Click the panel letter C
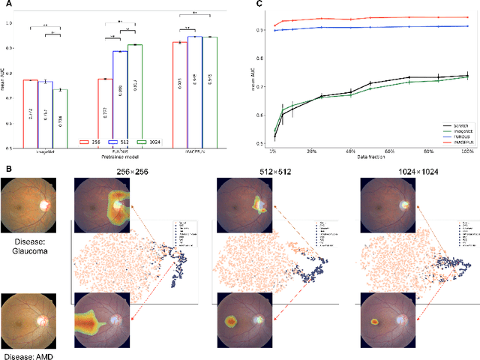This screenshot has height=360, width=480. click(259, 4)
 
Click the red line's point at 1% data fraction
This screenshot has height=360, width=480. click(274, 25)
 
